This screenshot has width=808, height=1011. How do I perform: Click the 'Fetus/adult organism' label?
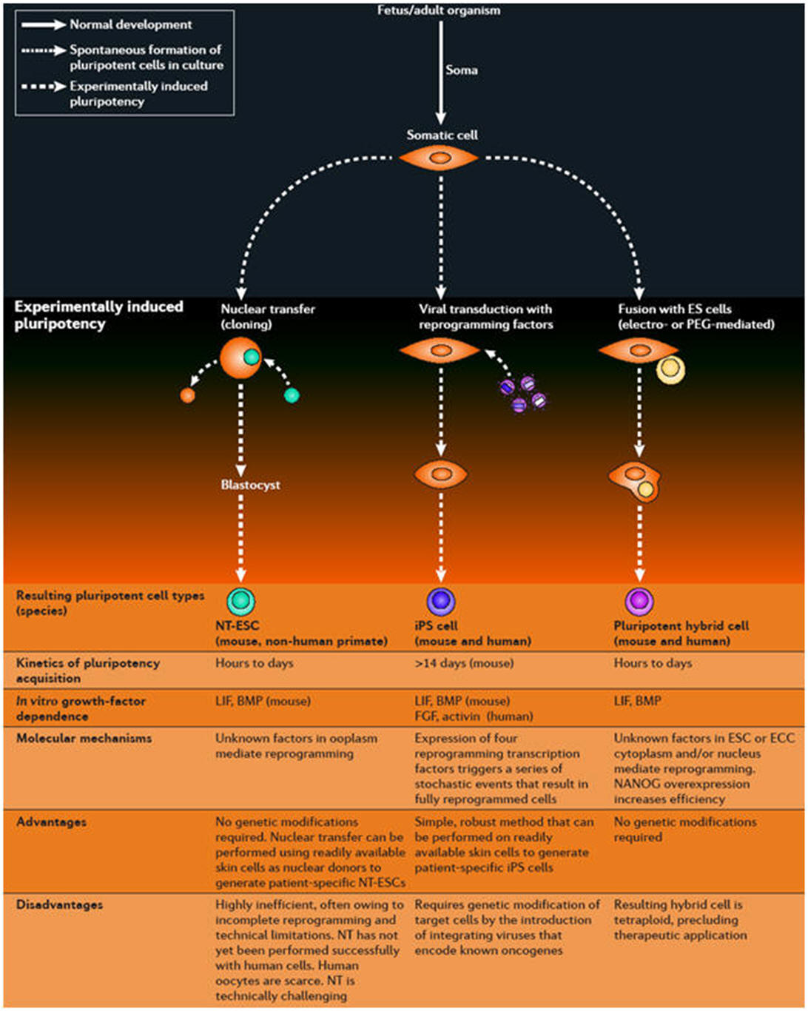tap(439, 10)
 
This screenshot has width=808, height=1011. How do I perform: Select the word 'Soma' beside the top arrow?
tap(462, 70)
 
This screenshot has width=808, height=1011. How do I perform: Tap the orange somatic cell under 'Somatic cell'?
tap(440, 158)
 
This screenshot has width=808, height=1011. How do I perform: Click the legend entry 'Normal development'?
tap(130, 24)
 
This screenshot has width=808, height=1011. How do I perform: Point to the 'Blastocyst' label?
tap(250, 485)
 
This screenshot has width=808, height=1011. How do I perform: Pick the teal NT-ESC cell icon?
tap(240, 602)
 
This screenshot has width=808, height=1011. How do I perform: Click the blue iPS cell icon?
tap(441, 601)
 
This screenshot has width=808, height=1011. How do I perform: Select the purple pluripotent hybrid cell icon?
tap(639, 602)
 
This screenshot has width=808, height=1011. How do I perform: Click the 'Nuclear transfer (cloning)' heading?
tap(268, 317)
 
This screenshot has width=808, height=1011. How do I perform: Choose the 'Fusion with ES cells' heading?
tap(696, 317)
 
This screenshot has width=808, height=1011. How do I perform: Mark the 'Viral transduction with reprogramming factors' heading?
tap(485, 317)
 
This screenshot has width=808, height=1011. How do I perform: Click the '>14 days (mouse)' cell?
tap(464, 663)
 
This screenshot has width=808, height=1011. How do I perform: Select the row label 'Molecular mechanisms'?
tap(84, 738)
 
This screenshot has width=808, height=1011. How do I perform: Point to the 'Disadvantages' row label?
tap(59, 904)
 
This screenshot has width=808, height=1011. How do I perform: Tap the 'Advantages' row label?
tap(51, 822)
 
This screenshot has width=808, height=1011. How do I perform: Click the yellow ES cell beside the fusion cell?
tap(670, 369)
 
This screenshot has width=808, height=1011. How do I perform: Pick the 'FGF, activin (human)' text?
tap(474, 716)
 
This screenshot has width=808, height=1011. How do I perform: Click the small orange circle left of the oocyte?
tap(188, 395)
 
